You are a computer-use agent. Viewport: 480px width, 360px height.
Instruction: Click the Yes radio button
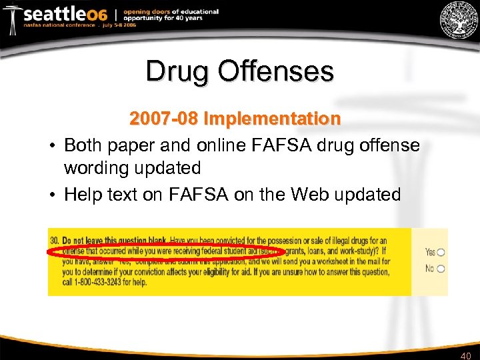pyautogui.click(x=441, y=252)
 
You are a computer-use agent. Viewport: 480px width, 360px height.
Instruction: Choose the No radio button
pyautogui.click(x=441, y=269)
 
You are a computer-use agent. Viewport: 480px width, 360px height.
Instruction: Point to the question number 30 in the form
pyautogui.click(x=54, y=239)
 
